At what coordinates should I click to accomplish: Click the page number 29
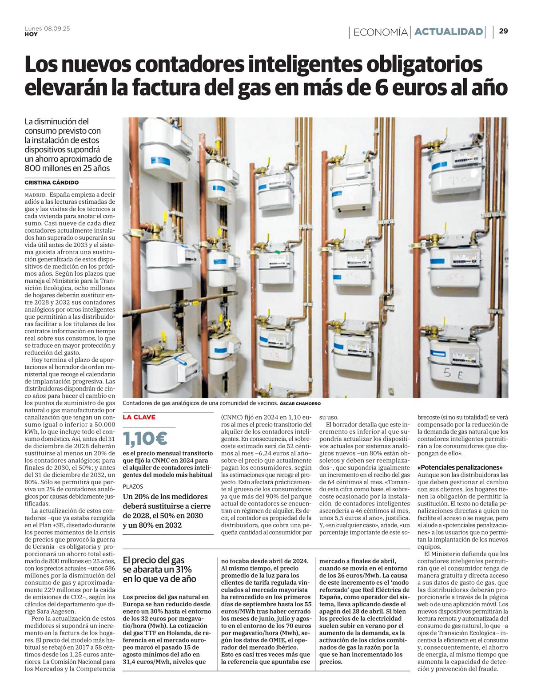504,31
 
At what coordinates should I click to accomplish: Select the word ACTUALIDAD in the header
449,32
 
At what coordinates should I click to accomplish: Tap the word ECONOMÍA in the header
381,32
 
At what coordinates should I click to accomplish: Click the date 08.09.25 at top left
57,28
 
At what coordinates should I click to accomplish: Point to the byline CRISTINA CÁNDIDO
52,182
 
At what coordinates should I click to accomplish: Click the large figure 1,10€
145,438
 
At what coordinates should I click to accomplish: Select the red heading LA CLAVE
139,417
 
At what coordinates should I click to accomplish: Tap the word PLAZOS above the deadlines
133,486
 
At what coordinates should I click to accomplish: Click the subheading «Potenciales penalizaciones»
461,467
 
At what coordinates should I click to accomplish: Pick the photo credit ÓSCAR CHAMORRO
300,404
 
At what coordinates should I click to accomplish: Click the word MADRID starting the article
36,195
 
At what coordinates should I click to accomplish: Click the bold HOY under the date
31,34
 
